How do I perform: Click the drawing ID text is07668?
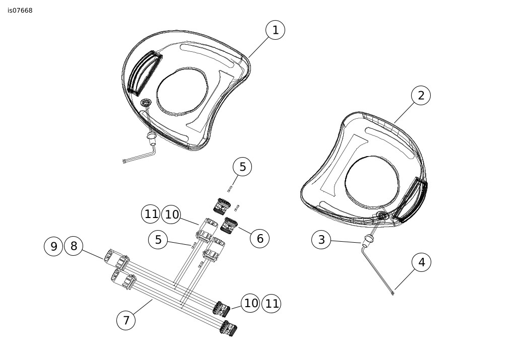click(x=20, y=11)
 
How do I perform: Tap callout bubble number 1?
click(x=275, y=30)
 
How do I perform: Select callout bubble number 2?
click(x=421, y=95)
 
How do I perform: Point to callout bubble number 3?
click(x=321, y=240)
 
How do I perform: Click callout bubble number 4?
click(x=421, y=262)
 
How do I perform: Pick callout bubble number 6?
click(x=260, y=238)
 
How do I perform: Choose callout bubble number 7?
click(x=126, y=320)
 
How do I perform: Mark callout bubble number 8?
click(x=74, y=246)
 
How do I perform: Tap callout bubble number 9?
click(x=53, y=246)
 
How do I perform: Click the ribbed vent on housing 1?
click(x=145, y=73)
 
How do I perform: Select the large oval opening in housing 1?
click(x=182, y=91)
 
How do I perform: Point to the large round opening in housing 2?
click(x=371, y=181)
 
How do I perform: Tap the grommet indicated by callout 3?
click(x=367, y=241)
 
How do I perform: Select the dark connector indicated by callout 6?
click(x=229, y=226)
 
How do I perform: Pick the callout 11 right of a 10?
click(x=272, y=304)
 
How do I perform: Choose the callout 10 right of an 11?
click(x=171, y=214)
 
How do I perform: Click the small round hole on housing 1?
click(x=146, y=102)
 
